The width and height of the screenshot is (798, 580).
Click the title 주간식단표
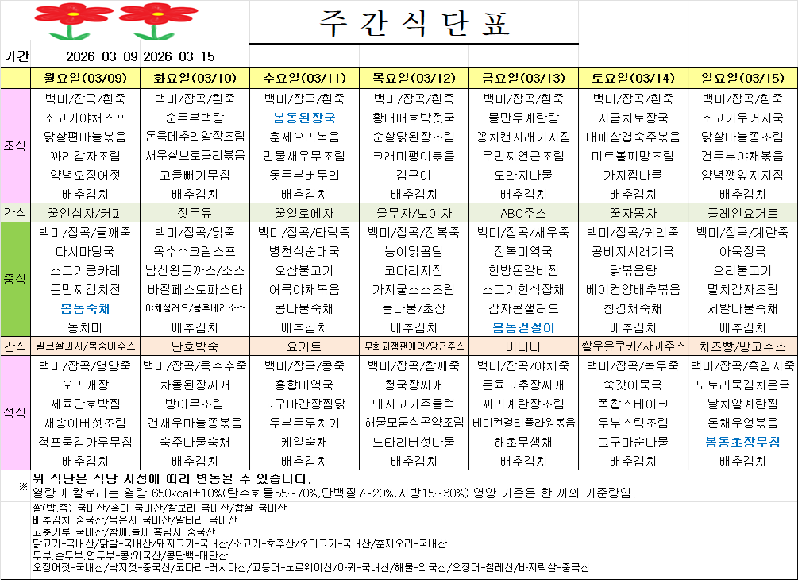point(413,25)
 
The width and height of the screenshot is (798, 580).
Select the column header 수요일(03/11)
point(304,78)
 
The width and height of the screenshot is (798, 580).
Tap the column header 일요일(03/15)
point(743,78)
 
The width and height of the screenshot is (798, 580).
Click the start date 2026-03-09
point(102,56)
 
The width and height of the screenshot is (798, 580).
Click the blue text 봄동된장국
point(304,117)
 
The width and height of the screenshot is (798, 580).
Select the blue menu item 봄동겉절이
point(523,327)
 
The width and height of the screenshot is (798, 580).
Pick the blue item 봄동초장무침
point(742,441)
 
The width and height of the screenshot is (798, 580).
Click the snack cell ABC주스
point(523,213)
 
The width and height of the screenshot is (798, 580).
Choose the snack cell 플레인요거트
point(742,213)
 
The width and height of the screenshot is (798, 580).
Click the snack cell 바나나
point(523,346)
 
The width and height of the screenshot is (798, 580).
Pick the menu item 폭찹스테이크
point(633,403)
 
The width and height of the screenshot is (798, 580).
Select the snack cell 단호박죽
point(195,346)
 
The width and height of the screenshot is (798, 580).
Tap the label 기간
point(16,56)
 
